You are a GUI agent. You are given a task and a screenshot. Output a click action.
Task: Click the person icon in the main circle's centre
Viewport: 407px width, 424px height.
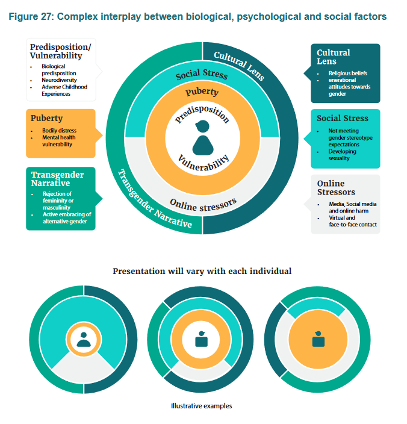(x=202, y=139)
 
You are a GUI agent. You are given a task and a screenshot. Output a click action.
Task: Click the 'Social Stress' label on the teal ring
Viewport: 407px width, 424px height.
(x=202, y=75)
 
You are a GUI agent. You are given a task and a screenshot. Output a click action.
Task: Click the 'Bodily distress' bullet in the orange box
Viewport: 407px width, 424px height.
(x=59, y=131)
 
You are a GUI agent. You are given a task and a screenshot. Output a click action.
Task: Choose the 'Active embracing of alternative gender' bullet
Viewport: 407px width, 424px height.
(x=67, y=217)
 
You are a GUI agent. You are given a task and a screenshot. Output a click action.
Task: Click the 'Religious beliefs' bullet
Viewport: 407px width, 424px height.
(x=347, y=73)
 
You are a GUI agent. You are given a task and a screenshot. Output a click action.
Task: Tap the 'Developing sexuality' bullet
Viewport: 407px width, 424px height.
(x=343, y=155)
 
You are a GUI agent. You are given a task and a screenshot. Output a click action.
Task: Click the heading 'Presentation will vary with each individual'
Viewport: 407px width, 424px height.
(x=202, y=271)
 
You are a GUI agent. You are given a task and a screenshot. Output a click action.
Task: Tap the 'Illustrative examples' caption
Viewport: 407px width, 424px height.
(x=202, y=406)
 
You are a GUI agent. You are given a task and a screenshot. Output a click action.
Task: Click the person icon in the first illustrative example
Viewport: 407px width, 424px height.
(x=84, y=340)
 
